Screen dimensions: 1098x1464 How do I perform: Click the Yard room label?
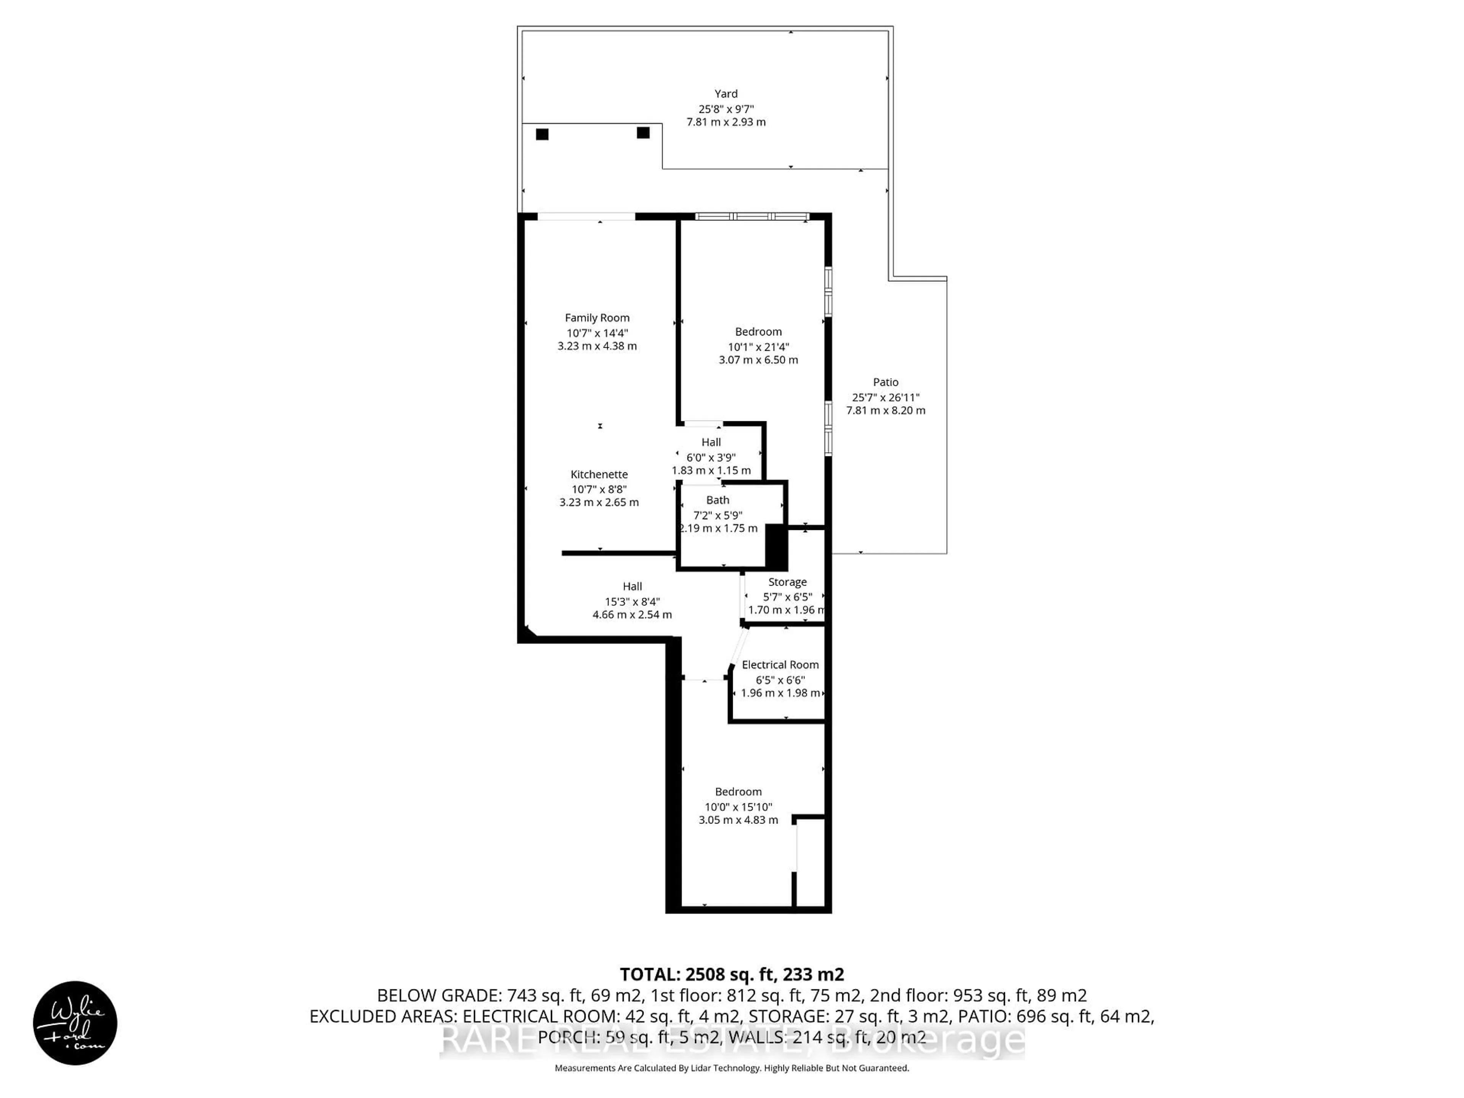[726, 94]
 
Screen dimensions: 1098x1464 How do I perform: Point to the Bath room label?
[718, 500]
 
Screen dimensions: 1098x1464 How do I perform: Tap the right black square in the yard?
[643, 133]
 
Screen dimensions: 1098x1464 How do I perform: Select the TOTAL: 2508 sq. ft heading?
[731, 974]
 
